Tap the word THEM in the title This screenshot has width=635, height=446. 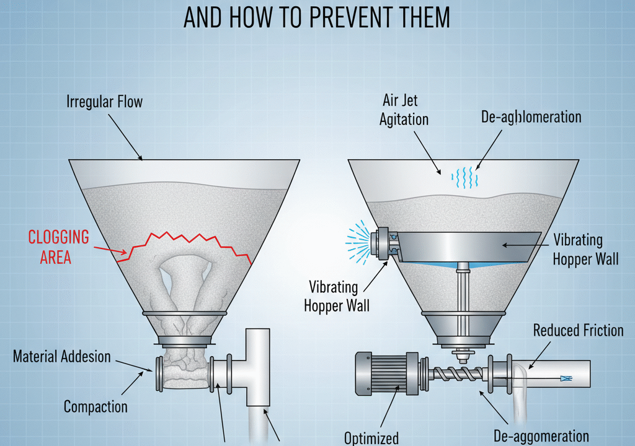(425, 17)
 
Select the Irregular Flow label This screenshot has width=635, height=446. (104, 102)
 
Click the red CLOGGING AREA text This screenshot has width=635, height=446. (58, 247)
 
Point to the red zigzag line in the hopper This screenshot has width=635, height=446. (184, 247)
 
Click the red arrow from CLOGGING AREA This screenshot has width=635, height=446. (110, 250)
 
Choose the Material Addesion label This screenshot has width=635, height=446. (62, 357)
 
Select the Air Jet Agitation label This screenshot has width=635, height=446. (403, 110)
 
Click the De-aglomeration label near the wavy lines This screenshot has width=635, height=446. (531, 117)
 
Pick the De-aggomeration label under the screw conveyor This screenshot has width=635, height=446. (541, 436)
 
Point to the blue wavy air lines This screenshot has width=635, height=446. (464, 177)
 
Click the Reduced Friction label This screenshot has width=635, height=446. (578, 331)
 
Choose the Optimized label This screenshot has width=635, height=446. (371, 439)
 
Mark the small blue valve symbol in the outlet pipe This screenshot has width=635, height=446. (566, 379)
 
